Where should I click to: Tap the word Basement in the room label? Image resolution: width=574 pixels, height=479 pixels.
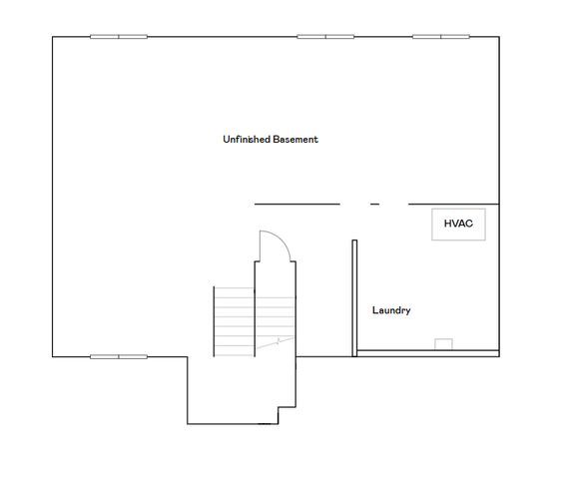295,140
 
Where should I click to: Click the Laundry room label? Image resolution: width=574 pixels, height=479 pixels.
391,310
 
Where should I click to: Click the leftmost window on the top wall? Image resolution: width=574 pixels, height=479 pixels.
119,37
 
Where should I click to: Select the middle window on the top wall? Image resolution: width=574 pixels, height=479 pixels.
325,37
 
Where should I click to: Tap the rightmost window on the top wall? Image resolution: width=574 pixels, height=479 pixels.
441,37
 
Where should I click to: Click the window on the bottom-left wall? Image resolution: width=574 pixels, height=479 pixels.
119,356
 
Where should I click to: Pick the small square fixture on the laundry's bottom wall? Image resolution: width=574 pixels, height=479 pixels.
443,344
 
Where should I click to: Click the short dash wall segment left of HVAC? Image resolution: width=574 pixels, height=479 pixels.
374,204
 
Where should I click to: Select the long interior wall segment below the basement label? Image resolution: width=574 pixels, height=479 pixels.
296,204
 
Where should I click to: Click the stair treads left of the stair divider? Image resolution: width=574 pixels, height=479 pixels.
234,319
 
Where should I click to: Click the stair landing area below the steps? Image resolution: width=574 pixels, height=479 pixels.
235,394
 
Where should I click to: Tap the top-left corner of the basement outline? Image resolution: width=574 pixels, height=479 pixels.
53,37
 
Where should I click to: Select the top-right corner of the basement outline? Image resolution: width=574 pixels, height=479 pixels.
498,37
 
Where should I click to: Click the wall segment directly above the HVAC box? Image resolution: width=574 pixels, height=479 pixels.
453,204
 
